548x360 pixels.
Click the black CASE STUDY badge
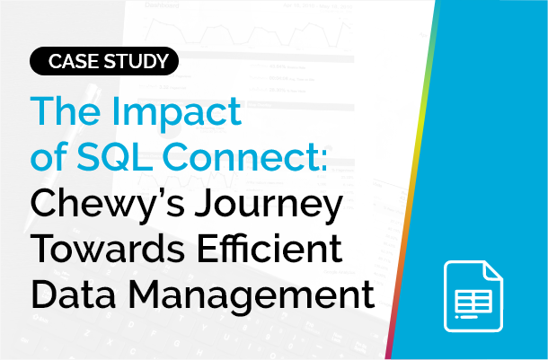click(x=102, y=62)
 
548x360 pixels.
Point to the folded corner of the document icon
click(x=493, y=269)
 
